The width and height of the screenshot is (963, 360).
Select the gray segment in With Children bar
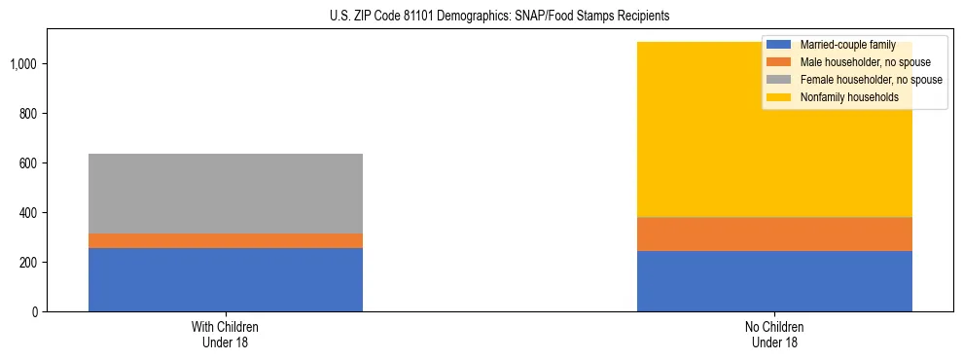(x=226, y=194)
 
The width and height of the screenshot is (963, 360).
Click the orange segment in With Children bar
(x=226, y=240)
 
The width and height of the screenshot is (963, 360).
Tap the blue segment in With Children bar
(x=226, y=279)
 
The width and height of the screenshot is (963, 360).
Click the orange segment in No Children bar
(x=774, y=234)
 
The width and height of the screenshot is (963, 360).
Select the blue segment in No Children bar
(x=774, y=281)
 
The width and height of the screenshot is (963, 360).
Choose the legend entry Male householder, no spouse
(x=857, y=62)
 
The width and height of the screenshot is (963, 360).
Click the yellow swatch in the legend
(x=779, y=97)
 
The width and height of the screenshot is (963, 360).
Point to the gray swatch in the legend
(x=779, y=80)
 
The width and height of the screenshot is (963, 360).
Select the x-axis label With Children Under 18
(x=226, y=334)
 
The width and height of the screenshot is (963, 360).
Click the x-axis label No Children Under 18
(x=774, y=334)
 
